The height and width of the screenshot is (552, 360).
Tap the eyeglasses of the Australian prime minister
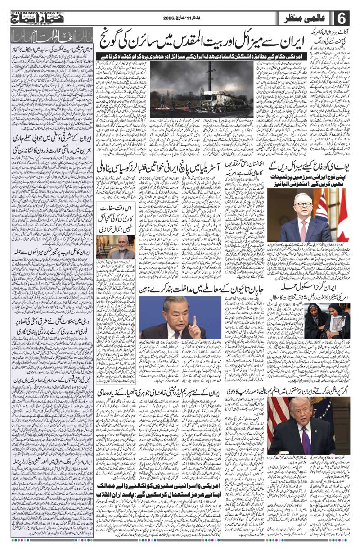[x=305, y=204]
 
